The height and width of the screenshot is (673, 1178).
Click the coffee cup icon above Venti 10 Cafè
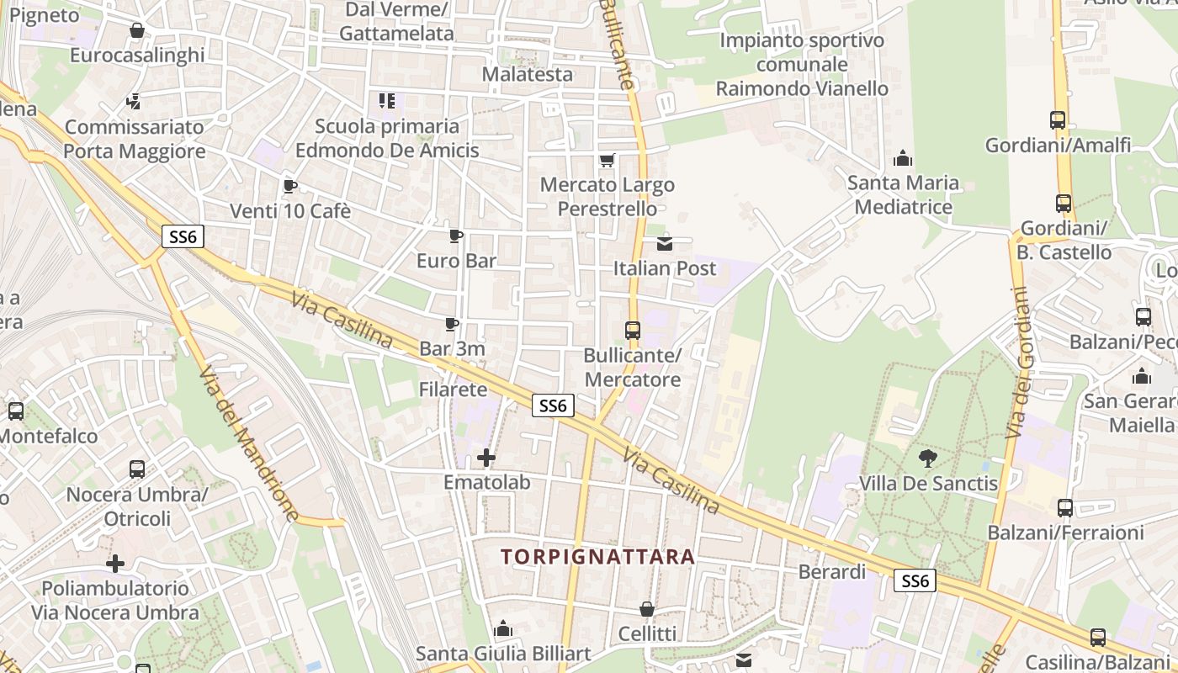[x=289, y=186]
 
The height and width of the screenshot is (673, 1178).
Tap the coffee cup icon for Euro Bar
[x=455, y=236]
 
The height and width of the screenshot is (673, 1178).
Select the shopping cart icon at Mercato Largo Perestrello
[x=607, y=160]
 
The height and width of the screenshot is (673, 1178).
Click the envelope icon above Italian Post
[x=665, y=244]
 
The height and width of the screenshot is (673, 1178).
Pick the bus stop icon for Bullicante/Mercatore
[x=633, y=331]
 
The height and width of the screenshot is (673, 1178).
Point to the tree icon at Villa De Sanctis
[x=928, y=458]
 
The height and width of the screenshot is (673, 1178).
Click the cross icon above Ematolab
[x=486, y=458]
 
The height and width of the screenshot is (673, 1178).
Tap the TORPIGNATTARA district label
[x=597, y=556]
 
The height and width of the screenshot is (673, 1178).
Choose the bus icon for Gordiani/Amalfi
[x=1058, y=120]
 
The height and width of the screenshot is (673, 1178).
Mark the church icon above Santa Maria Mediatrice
[x=903, y=158]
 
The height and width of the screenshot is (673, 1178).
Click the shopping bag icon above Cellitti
[x=647, y=609]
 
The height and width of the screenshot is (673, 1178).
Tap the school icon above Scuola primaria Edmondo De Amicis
[x=387, y=102]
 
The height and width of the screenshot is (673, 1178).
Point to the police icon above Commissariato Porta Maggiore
[x=133, y=103]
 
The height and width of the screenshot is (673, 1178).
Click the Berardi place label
[x=831, y=572]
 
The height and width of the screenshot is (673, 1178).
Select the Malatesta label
[x=528, y=74]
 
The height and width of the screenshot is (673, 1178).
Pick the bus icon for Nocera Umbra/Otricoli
[x=137, y=469]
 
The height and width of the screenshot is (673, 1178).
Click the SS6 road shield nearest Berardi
[x=915, y=580]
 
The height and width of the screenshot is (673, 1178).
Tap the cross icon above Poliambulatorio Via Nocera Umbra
[x=115, y=563]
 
